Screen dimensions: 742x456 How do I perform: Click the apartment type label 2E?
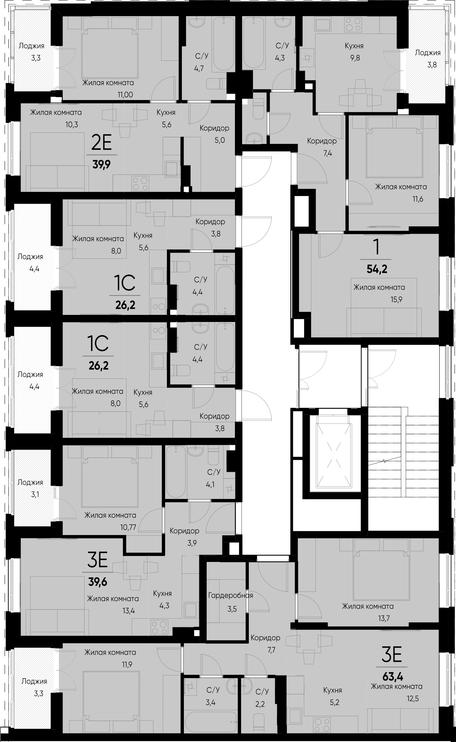(102, 143)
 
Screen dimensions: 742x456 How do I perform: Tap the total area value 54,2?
(377, 268)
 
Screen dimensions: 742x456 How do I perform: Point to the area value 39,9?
(102, 165)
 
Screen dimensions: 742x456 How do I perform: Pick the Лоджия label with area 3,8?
(427, 53)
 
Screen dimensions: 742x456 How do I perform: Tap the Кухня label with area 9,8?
(354, 46)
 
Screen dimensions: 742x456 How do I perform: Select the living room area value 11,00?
(125, 95)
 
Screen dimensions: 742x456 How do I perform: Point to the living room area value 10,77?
(128, 527)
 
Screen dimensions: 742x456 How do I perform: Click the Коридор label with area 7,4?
(322, 141)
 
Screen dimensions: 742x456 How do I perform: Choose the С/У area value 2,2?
(260, 704)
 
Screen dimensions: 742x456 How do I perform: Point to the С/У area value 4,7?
(199, 69)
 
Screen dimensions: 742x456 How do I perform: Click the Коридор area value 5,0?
(220, 140)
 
